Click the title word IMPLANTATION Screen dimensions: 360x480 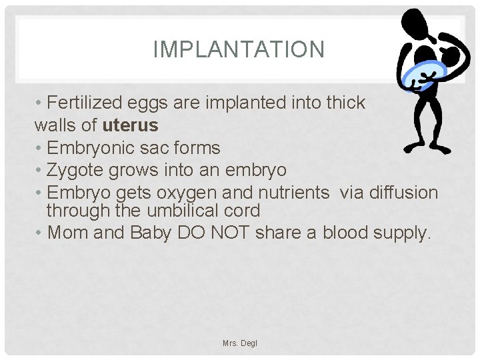[239, 49]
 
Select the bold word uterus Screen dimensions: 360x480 [131, 125]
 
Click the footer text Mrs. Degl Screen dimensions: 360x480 [240, 343]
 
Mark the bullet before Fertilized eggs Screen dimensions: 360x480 [39, 103]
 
